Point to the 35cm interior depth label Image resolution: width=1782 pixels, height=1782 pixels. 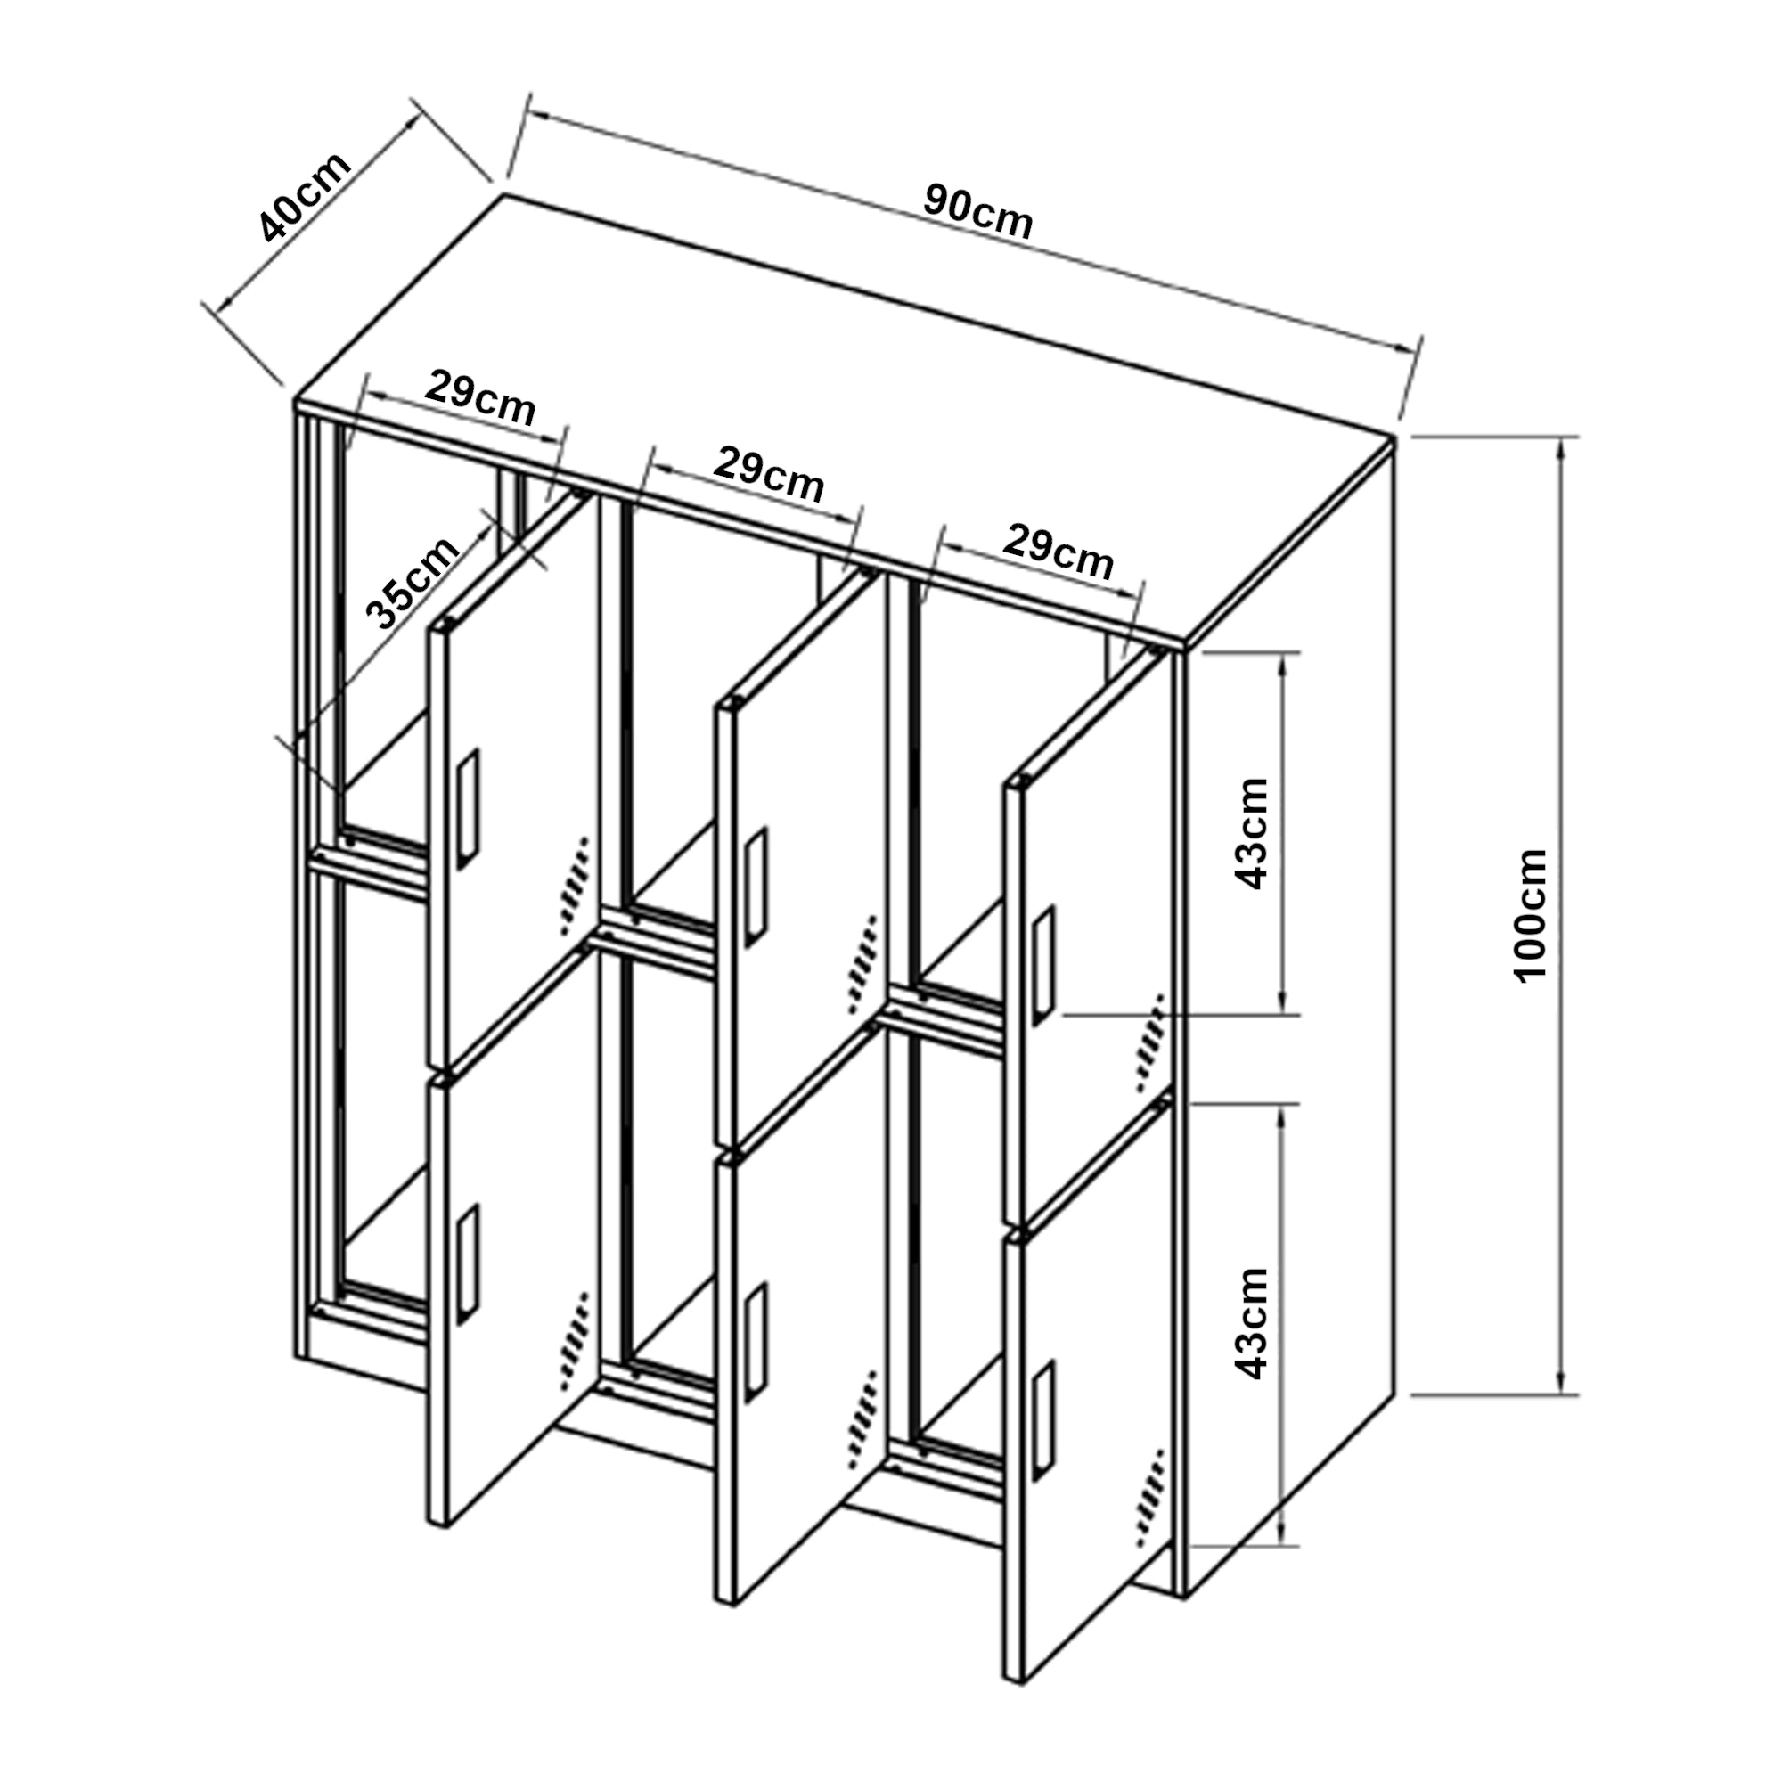click(x=413, y=582)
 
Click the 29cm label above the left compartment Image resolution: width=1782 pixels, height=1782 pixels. click(x=480, y=398)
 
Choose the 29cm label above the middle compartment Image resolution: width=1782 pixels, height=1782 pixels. click(x=768, y=474)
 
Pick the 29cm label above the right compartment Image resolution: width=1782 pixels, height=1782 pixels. click(x=1058, y=551)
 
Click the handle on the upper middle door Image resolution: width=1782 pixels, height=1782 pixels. click(x=757, y=887)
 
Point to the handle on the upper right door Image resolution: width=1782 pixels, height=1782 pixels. click(x=1044, y=965)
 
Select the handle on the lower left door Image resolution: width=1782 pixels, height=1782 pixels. click(x=469, y=1266)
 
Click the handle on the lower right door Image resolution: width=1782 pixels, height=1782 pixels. click(x=1044, y=1424)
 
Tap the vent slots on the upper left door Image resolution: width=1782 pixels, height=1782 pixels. click(x=574, y=886)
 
